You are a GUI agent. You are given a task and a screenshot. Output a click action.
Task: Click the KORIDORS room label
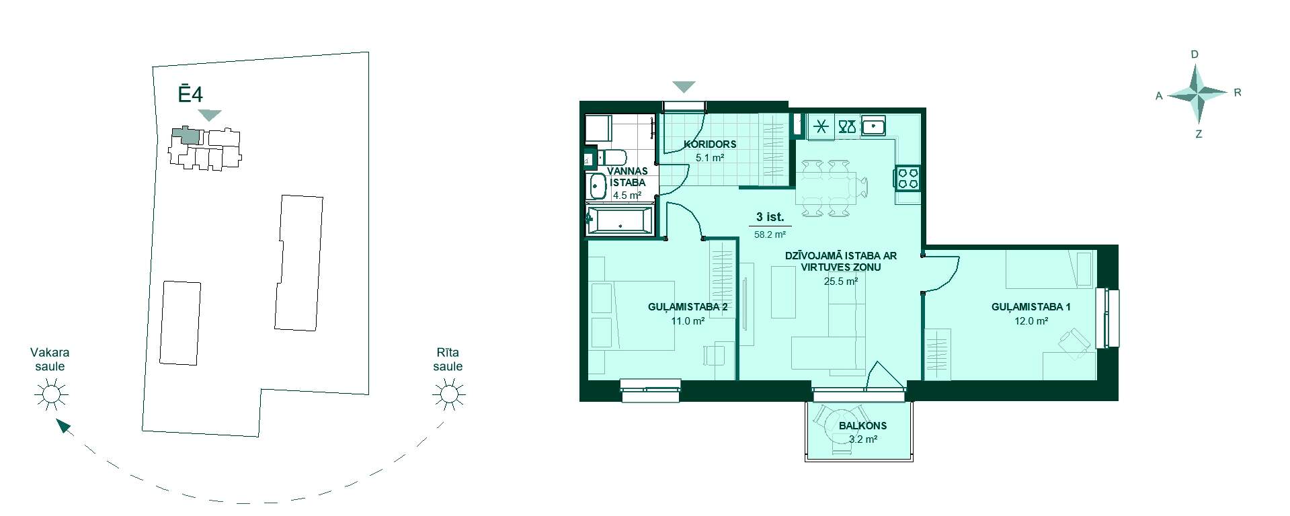tap(710, 144)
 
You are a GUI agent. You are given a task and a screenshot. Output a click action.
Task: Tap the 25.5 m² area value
tap(840, 282)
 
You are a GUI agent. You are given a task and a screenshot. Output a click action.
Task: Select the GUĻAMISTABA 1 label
tap(1031, 307)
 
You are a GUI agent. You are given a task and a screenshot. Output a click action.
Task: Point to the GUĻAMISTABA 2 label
tap(688, 307)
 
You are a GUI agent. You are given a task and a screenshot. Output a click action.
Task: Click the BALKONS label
tap(862, 426)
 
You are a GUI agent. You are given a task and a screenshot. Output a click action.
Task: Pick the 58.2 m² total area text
tap(770, 235)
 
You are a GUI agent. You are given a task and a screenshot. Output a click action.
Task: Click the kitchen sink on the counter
tap(873, 126)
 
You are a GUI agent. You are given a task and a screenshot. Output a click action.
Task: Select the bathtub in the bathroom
tap(619, 221)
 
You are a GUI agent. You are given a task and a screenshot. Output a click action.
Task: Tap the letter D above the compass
tap(1195, 54)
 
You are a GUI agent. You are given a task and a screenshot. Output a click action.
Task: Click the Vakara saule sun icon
tap(51, 394)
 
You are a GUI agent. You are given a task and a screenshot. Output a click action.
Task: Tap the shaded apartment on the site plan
tap(186, 135)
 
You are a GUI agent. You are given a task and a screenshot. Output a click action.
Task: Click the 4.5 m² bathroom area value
tap(627, 196)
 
